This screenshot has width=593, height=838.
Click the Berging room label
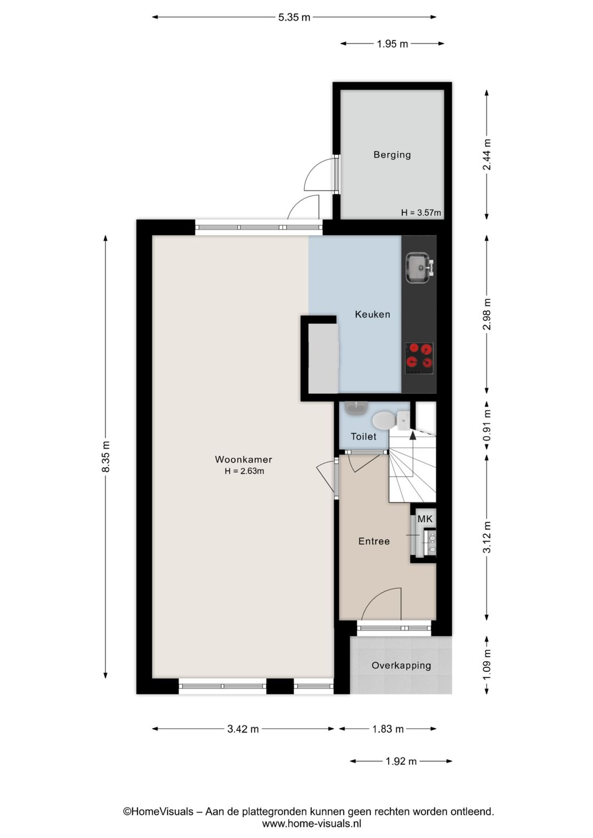[x=392, y=155]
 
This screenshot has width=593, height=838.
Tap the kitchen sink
[x=419, y=268]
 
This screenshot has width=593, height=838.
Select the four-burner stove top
[x=419, y=357]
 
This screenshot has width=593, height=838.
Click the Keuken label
[x=372, y=315]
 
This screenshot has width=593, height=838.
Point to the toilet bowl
[x=384, y=421]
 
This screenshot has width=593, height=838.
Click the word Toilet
[x=363, y=437]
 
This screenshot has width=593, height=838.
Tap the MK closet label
[x=425, y=519]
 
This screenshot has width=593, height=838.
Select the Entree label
[x=374, y=541]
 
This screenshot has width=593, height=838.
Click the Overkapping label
[x=401, y=666]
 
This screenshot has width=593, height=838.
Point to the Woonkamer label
[x=243, y=460]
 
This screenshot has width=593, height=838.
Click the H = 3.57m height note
[x=421, y=213]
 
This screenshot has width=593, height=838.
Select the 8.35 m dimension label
[x=106, y=456]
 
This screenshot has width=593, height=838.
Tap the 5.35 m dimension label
[x=294, y=17]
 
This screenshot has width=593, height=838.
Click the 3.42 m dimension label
[x=243, y=729]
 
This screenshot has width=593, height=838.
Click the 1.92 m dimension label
[x=401, y=761]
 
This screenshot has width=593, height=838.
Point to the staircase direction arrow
[x=412, y=435]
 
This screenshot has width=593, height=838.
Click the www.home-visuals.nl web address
[x=311, y=824]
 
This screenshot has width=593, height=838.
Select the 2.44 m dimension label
[x=486, y=154]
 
